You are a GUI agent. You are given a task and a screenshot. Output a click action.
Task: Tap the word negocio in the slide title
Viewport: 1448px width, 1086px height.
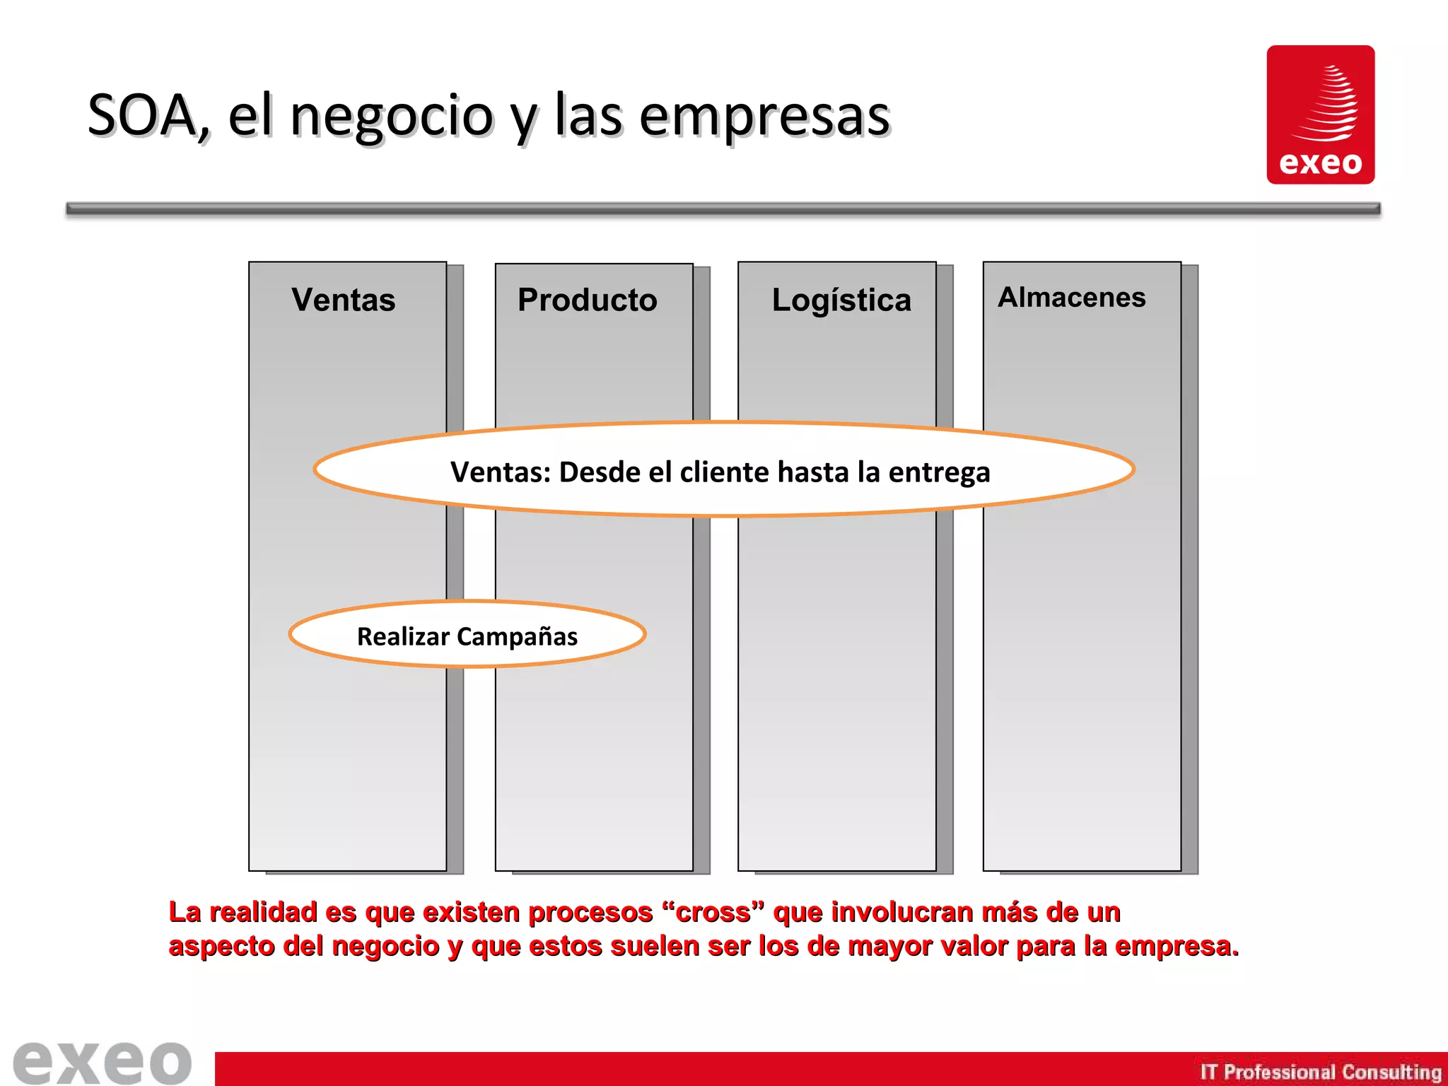[x=392, y=117]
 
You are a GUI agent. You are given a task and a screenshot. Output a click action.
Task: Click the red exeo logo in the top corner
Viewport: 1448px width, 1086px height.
[x=1320, y=115]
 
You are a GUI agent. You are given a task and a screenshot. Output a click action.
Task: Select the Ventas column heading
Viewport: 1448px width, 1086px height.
[x=344, y=300]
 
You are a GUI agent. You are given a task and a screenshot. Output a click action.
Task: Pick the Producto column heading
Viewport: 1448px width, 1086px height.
[x=587, y=300]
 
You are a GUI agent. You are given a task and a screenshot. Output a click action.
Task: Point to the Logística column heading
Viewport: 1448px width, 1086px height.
[x=841, y=300]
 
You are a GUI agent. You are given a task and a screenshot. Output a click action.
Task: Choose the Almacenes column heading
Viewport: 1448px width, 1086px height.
[x=1071, y=298]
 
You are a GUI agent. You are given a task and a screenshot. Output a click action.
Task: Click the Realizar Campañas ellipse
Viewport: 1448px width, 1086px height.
[x=467, y=634]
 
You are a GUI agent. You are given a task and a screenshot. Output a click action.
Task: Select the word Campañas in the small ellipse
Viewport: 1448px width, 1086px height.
[x=518, y=636]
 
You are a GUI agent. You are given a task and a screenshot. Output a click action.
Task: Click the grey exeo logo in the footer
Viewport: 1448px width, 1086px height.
[x=103, y=1062]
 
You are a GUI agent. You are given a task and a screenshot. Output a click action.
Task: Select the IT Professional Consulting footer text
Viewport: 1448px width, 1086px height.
[x=1320, y=1072]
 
